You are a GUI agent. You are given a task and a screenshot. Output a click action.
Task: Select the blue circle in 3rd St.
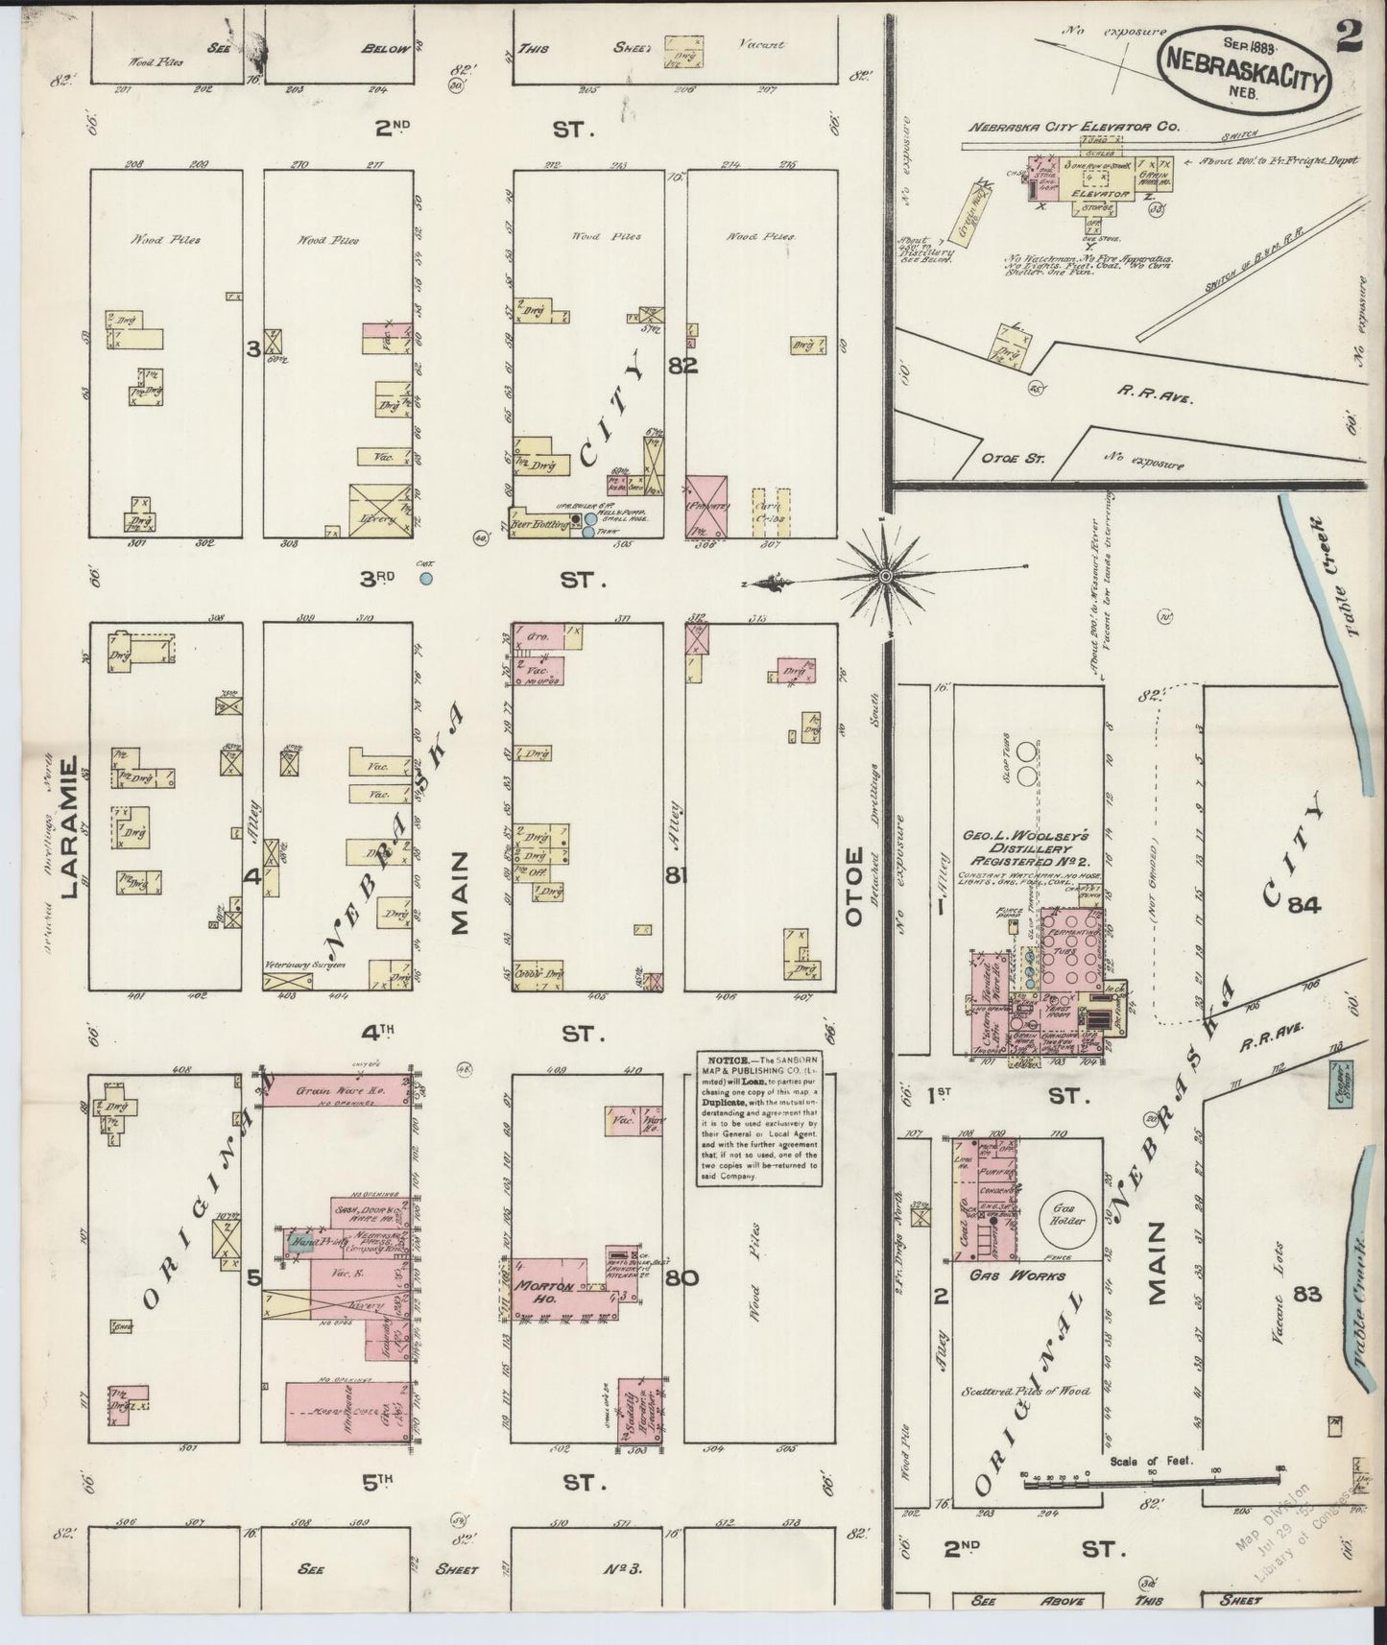pyautogui.click(x=425, y=579)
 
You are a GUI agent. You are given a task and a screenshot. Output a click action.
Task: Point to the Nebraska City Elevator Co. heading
pyautogui.click(x=1073, y=126)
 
